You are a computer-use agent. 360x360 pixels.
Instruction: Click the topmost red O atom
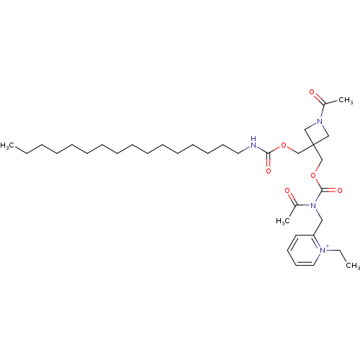tap(312, 93)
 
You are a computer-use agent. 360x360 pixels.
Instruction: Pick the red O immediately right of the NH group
tap(285, 146)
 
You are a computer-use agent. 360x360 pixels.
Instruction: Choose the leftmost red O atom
tap(269, 171)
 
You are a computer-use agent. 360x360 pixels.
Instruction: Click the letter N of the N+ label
tap(323, 249)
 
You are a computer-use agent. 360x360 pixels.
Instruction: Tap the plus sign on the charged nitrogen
tap(329, 246)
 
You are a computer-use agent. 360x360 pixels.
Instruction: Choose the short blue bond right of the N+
tap(333, 251)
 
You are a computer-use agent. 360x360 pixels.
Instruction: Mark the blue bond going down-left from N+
tap(318, 254)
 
